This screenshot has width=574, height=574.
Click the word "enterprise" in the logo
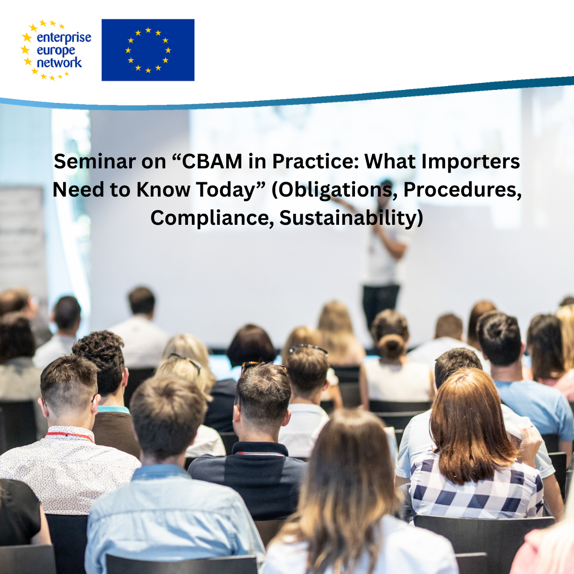click(x=64, y=38)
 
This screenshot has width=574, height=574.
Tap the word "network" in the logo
click(x=59, y=63)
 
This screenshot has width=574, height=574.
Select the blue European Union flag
click(x=148, y=50)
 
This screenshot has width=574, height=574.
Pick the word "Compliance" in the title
click(x=211, y=218)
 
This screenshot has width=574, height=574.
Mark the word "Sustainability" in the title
click(x=348, y=218)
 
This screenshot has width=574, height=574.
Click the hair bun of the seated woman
click(x=391, y=347)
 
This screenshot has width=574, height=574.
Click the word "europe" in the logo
click(x=55, y=51)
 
